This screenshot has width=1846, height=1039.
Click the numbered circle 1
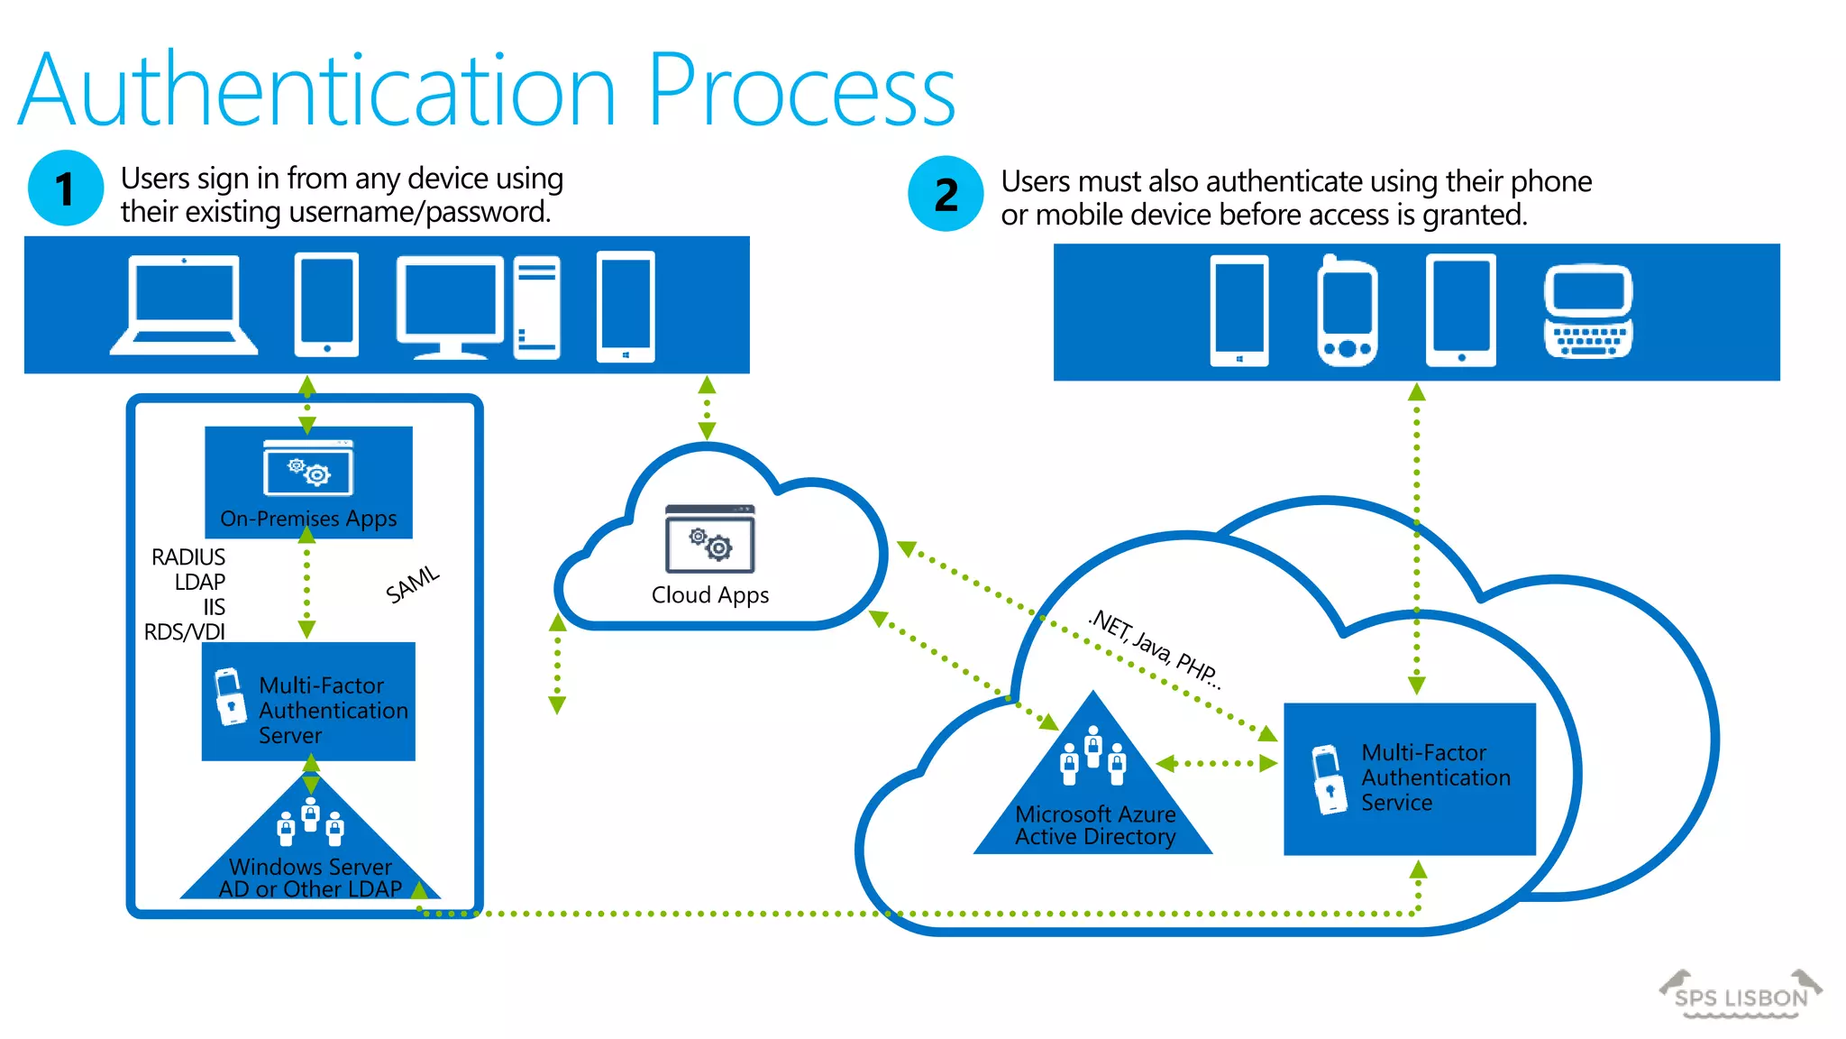point(66,188)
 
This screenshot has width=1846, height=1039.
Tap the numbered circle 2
point(946,194)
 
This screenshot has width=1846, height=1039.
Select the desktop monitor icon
point(450,308)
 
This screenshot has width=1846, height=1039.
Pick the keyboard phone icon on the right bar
point(1588,312)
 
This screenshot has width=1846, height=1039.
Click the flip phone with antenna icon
point(1347,312)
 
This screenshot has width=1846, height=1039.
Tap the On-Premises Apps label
point(308,519)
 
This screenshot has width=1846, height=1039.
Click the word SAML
point(413,584)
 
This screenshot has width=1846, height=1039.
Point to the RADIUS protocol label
point(188,556)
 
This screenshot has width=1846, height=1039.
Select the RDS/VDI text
point(185,631)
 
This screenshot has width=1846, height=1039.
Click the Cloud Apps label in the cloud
point(710,595)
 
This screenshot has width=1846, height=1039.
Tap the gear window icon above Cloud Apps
point(710,539)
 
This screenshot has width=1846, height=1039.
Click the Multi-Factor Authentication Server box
point(308,702)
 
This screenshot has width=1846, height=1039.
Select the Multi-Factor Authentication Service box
point(1409,778)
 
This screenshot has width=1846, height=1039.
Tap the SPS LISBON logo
point(1741,996)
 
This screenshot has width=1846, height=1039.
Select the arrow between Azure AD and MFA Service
point(1217,763)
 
